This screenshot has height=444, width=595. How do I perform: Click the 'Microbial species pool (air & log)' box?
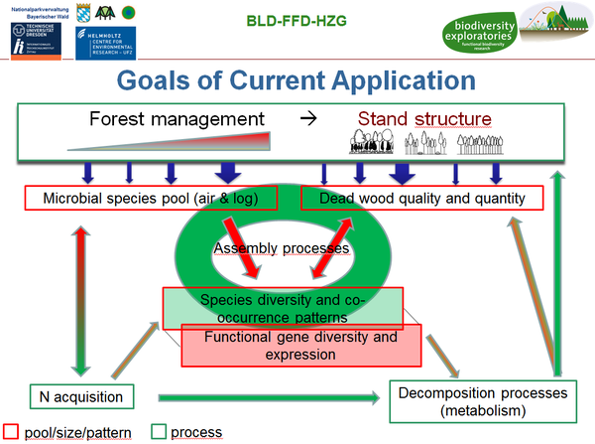(x=150, y=199)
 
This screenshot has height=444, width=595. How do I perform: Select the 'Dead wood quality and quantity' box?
(x=423, y=199)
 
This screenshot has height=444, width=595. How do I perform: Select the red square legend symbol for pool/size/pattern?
(x=10, y=431)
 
